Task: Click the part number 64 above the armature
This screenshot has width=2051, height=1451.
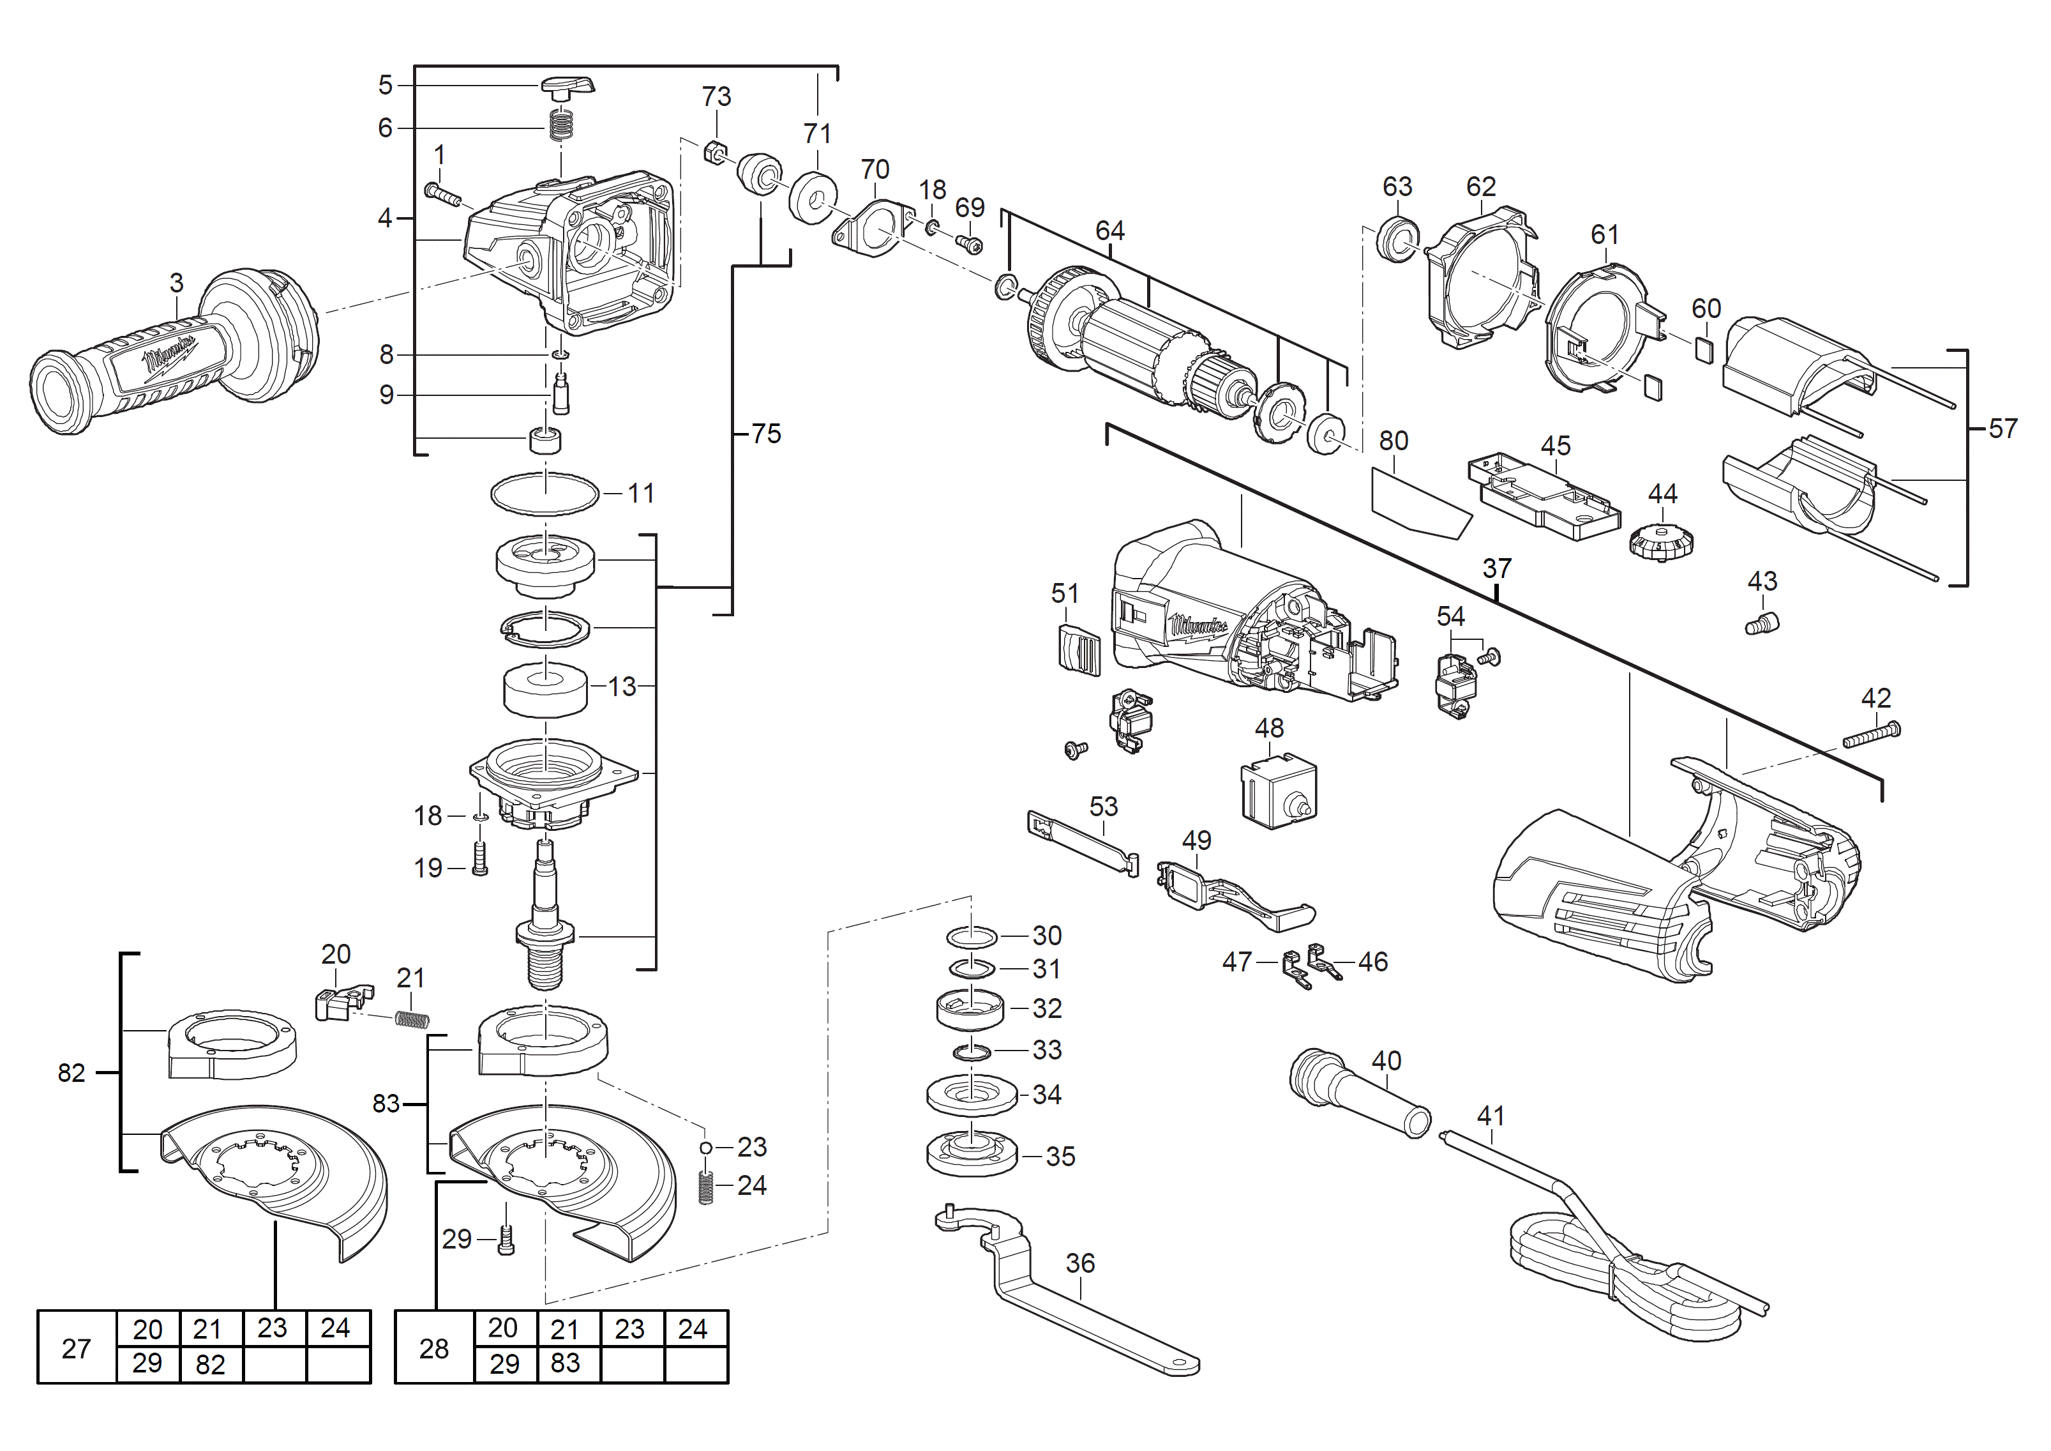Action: [1109, 231]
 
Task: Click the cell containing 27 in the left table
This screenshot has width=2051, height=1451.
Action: [77, 1348]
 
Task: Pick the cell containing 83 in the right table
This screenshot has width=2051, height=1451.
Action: [566, 1364]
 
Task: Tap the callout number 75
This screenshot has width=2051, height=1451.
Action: [765, 434]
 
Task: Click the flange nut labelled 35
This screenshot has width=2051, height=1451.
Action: [972, 1156]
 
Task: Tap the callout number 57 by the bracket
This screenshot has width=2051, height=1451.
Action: [2002, 429]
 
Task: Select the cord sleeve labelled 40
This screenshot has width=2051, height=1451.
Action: [1358, 1095]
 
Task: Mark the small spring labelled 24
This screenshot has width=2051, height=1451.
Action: [706, 1187]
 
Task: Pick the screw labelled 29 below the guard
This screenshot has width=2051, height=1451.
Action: [506, 1240]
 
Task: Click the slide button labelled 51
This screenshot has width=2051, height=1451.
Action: [1079, 649]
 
